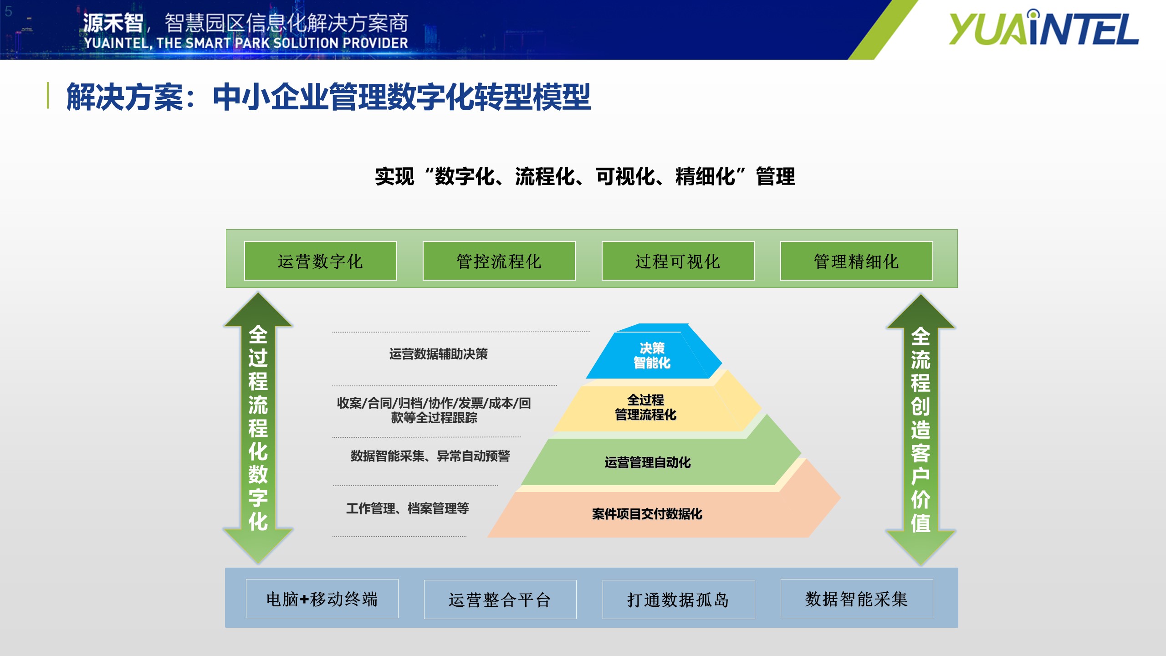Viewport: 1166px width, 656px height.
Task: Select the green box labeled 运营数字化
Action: pyautogui.click(x=320, y=261)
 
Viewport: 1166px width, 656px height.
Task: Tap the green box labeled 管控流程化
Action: pyautogui.click(x=499, y=261)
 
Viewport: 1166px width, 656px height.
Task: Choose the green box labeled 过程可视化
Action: pyautogui.click(x=678, y=261)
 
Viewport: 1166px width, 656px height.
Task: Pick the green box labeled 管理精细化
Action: pyautogui.click(x=856, y=261)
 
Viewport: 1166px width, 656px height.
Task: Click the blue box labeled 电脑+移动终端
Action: pyautogui.click(x=322, y=599)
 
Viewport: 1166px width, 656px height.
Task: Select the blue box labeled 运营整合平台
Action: pyautogui.click(x=500, y=600)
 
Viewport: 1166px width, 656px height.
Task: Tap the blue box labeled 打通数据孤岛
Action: pyautogui.click(x=679, y=600)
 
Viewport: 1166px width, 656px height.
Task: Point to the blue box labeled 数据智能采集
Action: pyautogui.click(x=857, y=599)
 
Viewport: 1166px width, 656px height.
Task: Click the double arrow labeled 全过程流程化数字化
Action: pyautogui.click(x=258, y=428)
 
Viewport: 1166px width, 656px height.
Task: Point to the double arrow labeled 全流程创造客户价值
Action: pyautogui.click(x=921, y=430)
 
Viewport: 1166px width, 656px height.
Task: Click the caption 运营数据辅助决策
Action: pyautogui.click(x=438, y=354)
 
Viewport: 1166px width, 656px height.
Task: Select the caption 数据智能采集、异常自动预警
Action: pyautogui.click(x=430, y=456)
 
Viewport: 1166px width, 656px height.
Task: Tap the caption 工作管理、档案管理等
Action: pyautogui.click(x=408, y=508)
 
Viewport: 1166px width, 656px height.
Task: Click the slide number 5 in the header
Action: pyautogui.click(x=8, y=12)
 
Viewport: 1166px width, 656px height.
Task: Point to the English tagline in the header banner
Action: pyautogui.click(x=246, y=43)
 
